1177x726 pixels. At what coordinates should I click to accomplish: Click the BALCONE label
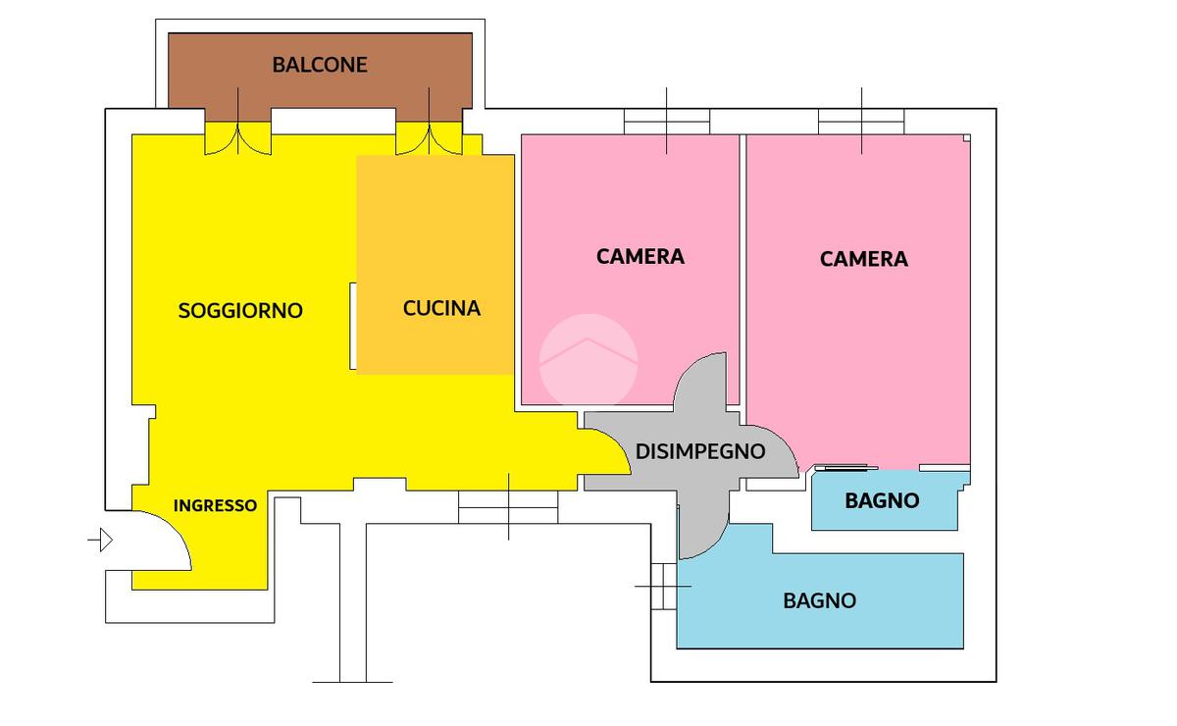point(320,65)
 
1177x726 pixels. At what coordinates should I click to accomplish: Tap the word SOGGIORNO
point(240,310)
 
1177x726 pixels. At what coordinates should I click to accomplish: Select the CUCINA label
point(441,308)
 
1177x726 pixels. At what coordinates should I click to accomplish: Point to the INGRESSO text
point(215,505)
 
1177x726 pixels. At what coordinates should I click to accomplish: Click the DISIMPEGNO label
point(700,451)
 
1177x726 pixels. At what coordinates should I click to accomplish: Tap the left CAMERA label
point(640,256)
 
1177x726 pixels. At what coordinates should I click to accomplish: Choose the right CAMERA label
point(864,259)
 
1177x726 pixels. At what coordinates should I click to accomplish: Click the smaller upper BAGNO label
point(882,500)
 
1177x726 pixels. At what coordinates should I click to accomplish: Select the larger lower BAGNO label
point(819,600)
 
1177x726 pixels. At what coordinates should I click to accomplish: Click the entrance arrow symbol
point(101,540)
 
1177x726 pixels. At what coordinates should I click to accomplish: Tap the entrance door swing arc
point(167,540)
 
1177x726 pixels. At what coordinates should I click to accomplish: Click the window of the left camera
point(667,121)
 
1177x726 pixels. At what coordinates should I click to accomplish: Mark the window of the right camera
point(861,121)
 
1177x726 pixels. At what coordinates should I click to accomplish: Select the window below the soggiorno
point(508,506)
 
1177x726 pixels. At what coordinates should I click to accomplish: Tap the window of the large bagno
point(664,585)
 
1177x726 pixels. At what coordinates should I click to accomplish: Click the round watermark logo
point(588,360)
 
